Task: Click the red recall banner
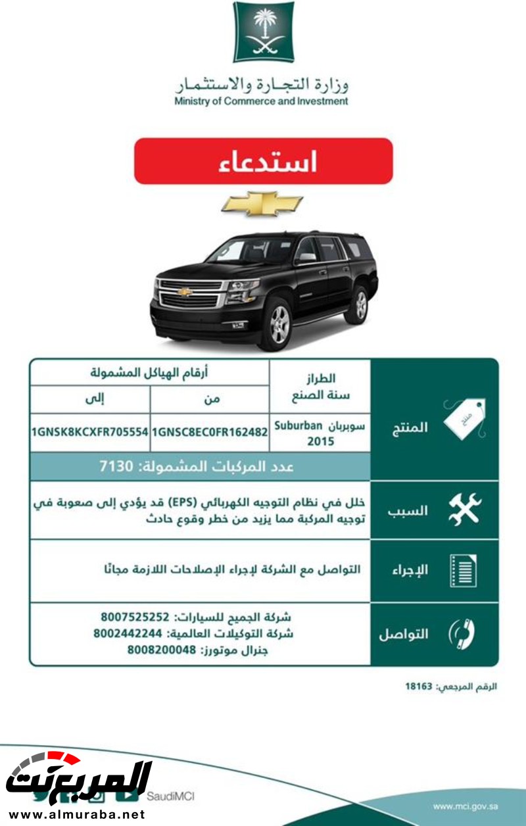(263, 161)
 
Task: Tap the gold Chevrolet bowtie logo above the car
(262, 204)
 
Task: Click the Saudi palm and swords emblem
(263, 32)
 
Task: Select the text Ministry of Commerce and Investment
(261, 101)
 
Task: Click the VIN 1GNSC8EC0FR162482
(210, 432)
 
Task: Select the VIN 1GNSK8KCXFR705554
(89, 432)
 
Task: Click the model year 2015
(320, 441)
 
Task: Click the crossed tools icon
(464, 510)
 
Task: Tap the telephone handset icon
(462, 634)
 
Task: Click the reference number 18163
(418, 687)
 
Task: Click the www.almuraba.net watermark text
(74, 814)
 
